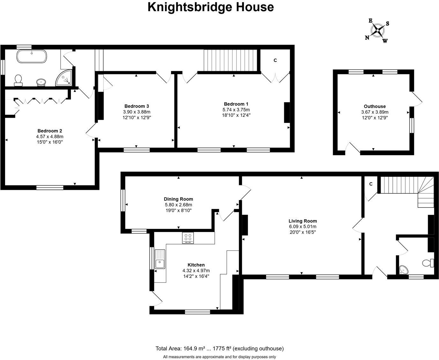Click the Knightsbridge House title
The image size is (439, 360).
point(211,7)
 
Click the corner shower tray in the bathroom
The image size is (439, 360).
point(65,79)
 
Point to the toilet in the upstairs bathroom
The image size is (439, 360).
point(18,80)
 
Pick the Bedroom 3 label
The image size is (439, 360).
point(137,106)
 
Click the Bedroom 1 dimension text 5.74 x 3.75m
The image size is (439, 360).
point(236,109)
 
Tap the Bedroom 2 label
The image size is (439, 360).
point(50,131)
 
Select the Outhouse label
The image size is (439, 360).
point(375,106)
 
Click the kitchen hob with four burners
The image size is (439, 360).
point(188,238)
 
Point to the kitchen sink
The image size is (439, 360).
point(160,259)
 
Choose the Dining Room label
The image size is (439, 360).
point(178,199)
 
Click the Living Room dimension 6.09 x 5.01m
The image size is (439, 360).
point(302,226)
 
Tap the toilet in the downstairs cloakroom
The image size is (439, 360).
point(428,263)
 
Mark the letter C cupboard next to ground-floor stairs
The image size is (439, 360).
point(371,184)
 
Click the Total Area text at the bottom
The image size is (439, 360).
point(219,349)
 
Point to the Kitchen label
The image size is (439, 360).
point(196,265)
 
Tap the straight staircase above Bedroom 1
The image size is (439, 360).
point(230,60)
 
